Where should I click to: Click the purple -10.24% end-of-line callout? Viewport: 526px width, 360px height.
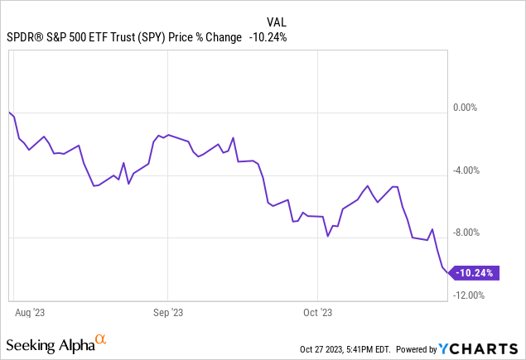click(476, 273)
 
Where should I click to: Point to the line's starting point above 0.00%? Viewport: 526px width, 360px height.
click(8, 112)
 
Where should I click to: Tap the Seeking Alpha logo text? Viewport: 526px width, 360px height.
click(49, 343)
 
